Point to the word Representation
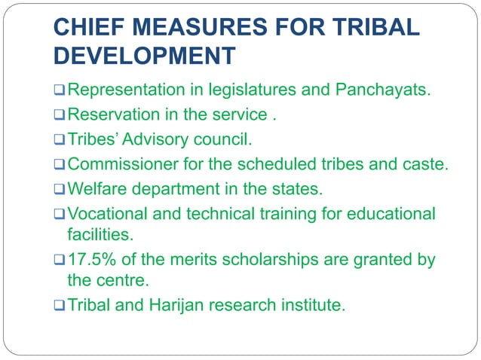click(x=124, y=91)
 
